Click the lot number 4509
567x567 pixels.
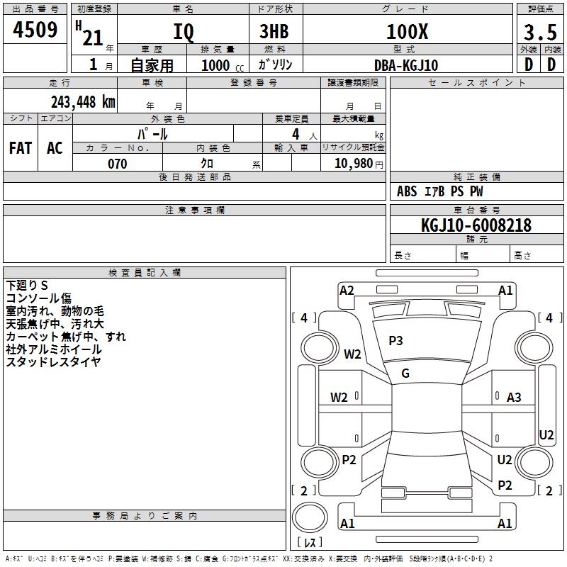[35, 30]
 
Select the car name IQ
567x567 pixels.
[182, 32]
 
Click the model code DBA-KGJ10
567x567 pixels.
[406, 65]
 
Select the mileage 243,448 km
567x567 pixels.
[83, 101]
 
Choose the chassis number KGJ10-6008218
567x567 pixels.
[476, 225]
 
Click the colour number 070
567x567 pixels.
[117, 164]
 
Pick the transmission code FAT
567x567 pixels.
[21, 147]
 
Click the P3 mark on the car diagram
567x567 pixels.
[395, 341]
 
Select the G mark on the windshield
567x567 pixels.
[405, 374]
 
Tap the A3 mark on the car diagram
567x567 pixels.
[514, 398]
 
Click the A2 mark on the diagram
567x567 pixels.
[347, 290]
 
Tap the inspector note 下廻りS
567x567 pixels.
[28, 286]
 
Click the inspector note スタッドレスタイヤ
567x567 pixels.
[53, 362]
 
